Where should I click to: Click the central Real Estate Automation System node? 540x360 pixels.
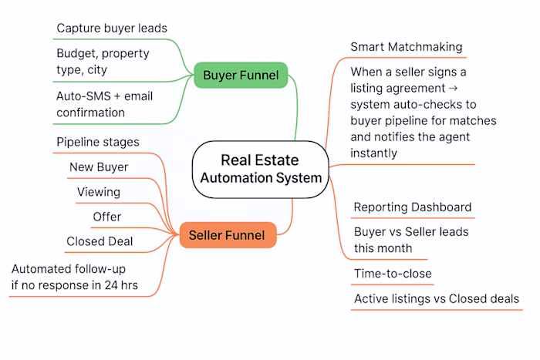pyautogui.click(x=261, y=169)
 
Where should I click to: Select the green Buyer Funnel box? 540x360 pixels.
pyautogui.click(x=241, y=76)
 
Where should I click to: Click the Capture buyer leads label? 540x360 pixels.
pyautogui.click(x=112, y=29)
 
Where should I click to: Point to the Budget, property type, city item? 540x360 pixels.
pyautogui.click(x=103, y=62)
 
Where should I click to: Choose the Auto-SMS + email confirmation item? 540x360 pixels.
pyautogui.click(x=101, y=105)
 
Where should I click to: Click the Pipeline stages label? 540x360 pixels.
pyautogui.click(x=98, y=143)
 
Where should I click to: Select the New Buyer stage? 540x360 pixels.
pyautogui.click(x=99, y=167)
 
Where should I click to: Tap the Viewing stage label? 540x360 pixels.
pyautogui.click(x=99, y=192)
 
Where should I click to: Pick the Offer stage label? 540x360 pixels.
pyautogui.click(x=107, y=217)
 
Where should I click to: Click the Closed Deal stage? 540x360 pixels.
pyautogui.click(x=100, y=241)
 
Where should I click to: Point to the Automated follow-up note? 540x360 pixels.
pyautogui.click(x=85, y=277)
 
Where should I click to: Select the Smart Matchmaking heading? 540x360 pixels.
pyautogui.click(x=407, y=46)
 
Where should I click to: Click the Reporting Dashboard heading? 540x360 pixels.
pyautogui.click(x=412, y=207)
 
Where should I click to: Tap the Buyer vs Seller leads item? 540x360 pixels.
pyautogui.click(x=410, y=240)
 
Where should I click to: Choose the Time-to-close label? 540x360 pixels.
pyautogui.click(x=393, y=274)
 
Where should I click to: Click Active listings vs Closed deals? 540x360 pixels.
pyautogui.click(x=437, y=299)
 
